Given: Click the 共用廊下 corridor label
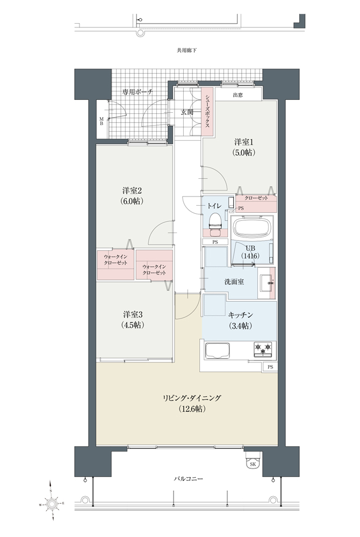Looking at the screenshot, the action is (x=186, y=50).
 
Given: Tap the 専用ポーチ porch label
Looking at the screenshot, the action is (x=138, y=92).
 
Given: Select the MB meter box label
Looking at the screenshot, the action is (x=102, y=121).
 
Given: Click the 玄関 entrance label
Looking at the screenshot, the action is (x=187, y=112).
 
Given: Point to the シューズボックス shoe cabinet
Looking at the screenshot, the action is (x=207, y=111).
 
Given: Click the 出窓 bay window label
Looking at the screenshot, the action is (x=237, y=95).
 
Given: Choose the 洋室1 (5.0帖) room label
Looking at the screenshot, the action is (x=245, y=147).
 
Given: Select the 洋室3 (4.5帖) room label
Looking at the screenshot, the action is (x=133, y=319).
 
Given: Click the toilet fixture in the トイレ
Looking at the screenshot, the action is (x=215, y=224).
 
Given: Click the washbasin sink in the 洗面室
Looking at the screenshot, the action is (x=266, y=283).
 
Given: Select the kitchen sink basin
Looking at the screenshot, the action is (x=217, y=351).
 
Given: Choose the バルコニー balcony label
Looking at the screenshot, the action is (x=188, y=478).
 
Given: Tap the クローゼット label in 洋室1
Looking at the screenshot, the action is (x=256, y=198).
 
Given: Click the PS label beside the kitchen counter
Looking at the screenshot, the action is (x=271, y=367).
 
